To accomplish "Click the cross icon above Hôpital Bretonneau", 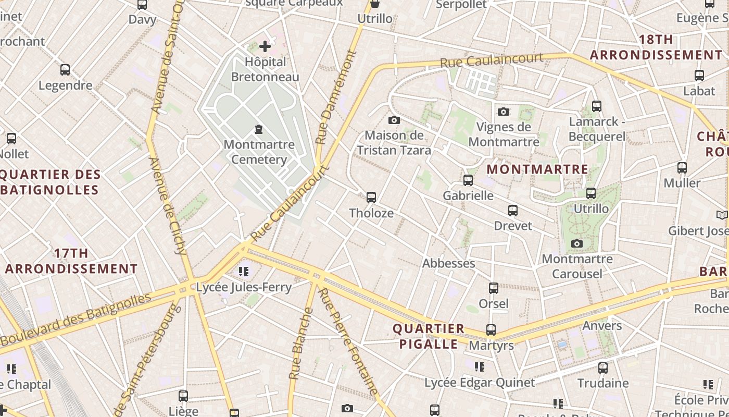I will (265, 46).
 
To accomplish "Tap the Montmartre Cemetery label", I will (259, 152).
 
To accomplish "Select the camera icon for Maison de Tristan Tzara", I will (394, 120).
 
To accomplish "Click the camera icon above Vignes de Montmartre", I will (503, 112).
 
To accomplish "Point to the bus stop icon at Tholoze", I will (371, 198).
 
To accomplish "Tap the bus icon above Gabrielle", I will (468, 180).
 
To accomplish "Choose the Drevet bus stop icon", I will (513, 211).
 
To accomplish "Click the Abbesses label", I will (448, 263).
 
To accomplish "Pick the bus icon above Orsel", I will (493, 288).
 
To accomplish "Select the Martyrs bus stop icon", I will (491, 329).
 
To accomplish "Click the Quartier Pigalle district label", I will (428, 336).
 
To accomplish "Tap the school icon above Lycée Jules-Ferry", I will (243, 271).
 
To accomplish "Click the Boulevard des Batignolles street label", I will (76, 320).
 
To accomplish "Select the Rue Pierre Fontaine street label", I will (348, 341).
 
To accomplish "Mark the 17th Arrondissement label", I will (71, 261).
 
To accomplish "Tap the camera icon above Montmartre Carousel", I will (576, 243).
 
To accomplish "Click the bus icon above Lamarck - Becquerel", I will (597, 106).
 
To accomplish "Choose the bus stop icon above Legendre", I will (65, 70).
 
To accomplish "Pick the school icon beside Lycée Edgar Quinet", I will (480, 367).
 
